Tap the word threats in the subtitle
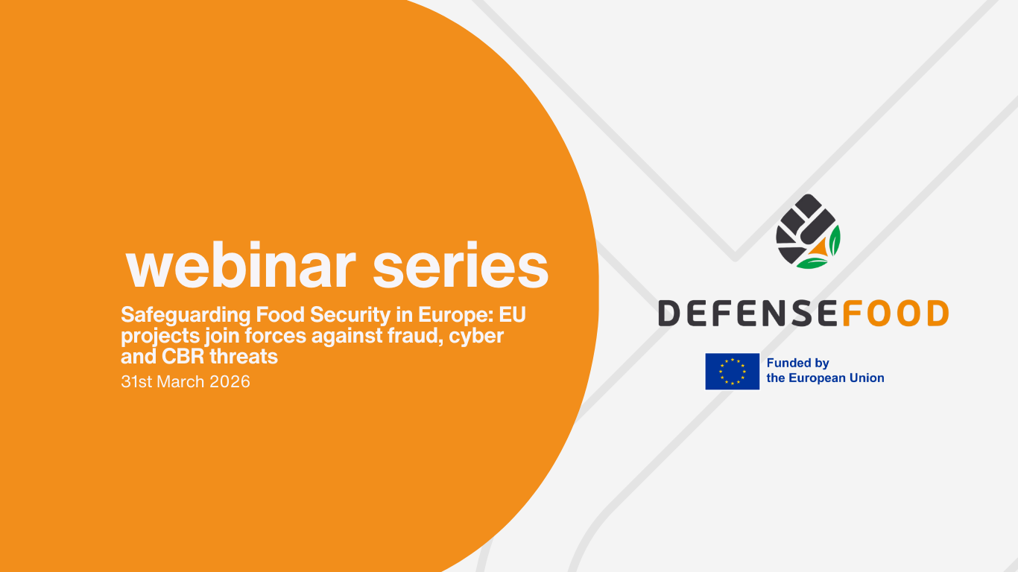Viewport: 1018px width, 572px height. click(244, 357)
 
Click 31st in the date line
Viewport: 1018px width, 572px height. click(136, 382)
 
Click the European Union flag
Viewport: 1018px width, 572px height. click(732, 371)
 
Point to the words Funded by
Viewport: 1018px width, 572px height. click(797, 363)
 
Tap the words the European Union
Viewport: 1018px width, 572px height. click(825, 378)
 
